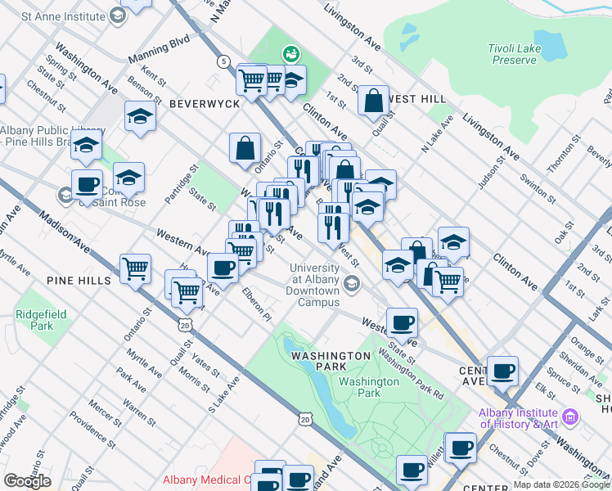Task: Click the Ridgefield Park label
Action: [35, 320]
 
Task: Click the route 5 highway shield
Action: [223, 61]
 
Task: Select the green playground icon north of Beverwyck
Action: [290, 55]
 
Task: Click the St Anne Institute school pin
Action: [117, 16]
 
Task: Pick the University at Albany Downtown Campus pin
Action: [352, 284]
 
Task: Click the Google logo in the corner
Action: [27, 481]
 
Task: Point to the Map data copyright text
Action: [561, 484]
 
